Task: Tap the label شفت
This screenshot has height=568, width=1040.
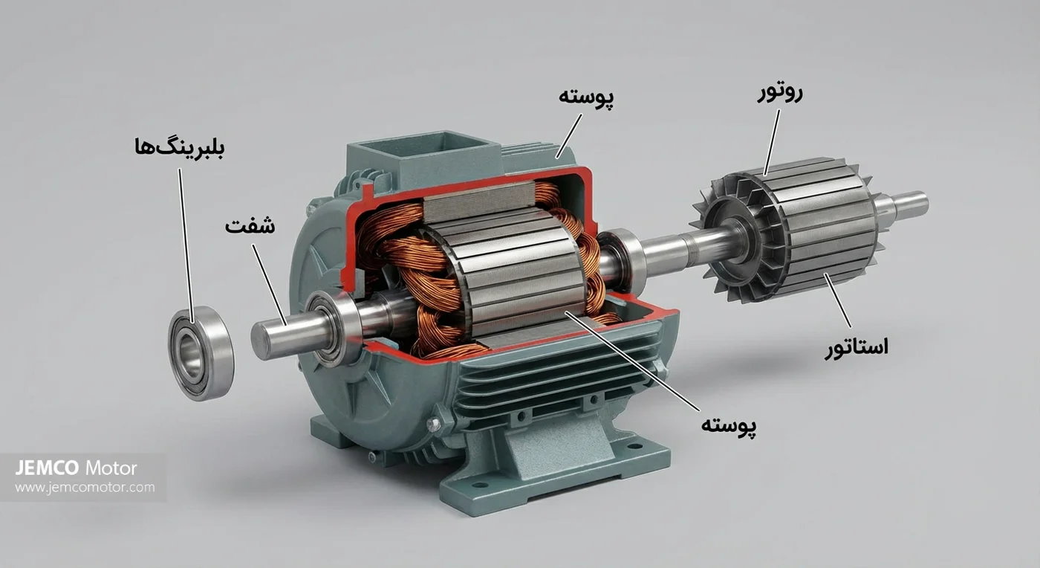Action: [250, 226]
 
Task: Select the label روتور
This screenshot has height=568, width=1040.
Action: [780, 94]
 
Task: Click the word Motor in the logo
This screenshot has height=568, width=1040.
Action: [111, 468]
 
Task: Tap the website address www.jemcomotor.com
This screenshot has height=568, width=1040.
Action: [85, 488]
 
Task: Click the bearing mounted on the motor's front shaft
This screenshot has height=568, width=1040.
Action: [330, 327]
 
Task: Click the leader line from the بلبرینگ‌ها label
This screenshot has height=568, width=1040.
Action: [186, 238]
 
